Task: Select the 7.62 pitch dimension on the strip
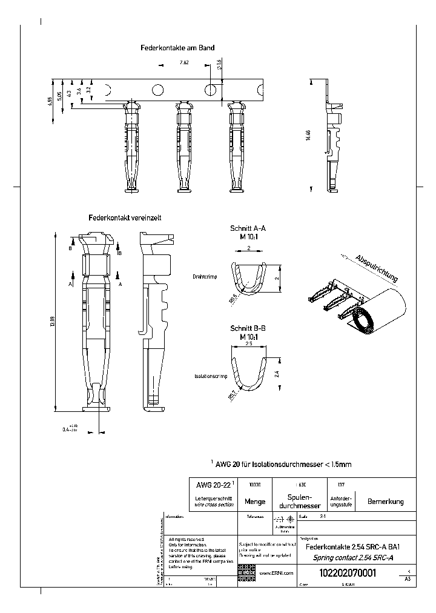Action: tap(184, 63)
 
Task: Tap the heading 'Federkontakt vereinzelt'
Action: tap(124, 217)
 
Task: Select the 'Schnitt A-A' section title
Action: tap(248, 228)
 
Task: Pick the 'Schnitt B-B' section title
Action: tap(248, 328)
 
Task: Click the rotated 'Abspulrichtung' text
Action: tap(377, 268)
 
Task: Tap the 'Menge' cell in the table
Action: tap(254, 502)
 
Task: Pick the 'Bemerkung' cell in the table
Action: tap(385, 502)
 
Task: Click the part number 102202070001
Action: tap(347, 572)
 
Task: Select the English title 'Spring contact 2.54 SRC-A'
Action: tap(347, 557)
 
